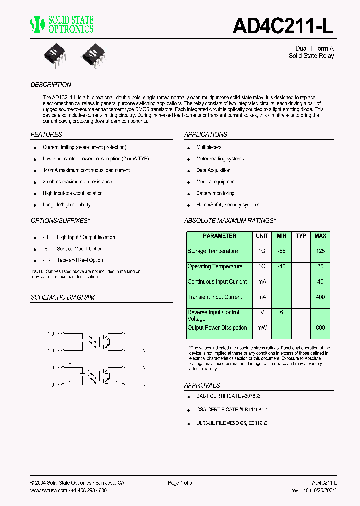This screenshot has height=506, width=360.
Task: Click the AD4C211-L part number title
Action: tap(283, 26)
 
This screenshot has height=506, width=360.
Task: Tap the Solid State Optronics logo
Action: tap(62, 24)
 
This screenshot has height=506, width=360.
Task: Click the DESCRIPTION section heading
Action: tap(51, 85)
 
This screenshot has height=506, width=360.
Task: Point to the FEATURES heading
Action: tap(46, 135)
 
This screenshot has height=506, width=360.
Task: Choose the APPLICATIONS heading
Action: tap(205, 135)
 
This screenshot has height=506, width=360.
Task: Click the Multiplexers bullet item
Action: tap(209, 147)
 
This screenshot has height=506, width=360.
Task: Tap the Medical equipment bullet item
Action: tap(216, 182)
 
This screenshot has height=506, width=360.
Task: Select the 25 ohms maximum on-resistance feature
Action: tap(77, 182)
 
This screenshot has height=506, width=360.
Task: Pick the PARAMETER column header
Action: tap(219, 236)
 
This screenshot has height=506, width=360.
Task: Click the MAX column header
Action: tap(320, 236)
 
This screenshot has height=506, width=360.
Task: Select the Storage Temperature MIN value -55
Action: tap(281, 251)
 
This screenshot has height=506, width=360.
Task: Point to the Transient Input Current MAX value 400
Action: tap(320, 297)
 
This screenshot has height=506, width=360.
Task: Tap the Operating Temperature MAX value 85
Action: tap(320, 267)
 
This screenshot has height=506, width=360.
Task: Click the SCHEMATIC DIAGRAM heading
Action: tap(62, 297)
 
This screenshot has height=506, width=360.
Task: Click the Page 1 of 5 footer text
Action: tap(180, 483)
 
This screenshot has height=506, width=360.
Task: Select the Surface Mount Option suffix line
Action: tap(80, 249)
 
